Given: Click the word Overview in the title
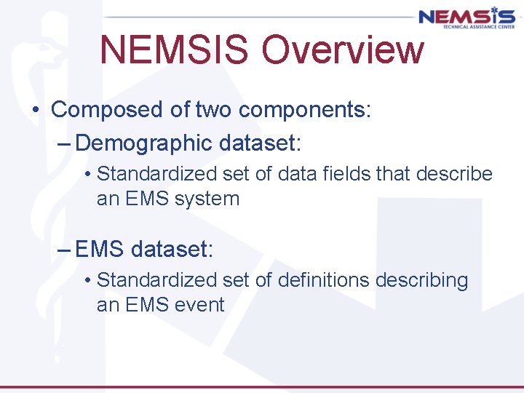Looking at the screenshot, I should pos(343,50).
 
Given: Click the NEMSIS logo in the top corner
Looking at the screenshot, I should pos(466,16).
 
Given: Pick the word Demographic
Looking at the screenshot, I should pos(143,143).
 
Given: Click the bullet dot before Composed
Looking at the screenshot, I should pos(35,111).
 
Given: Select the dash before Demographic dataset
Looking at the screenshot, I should pos(63,143).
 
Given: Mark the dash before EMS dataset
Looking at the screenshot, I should pos(63,249).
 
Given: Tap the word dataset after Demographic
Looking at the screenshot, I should pos(258,143).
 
